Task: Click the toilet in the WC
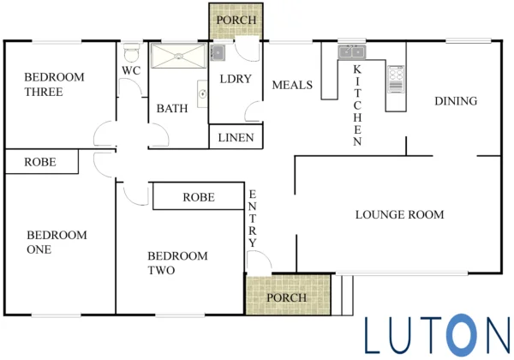tap(131, 52)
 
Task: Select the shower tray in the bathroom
tap(178, 56)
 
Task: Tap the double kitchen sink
tap(352, 51)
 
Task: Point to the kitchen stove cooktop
tap(396, 80)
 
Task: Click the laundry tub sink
tap(218, 52)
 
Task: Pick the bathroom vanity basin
tap(202, 94)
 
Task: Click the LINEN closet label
tap(236, 138)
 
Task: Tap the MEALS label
tap(292, 85)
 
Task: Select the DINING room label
tap(456, 101)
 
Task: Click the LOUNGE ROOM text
tap(399, 215)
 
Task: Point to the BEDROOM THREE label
tap(55, 85)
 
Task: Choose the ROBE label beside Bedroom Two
tap(199, 197)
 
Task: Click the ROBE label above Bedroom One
tap(40, 162)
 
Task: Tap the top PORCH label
tap(236, 20)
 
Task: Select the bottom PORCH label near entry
tap(286, 297)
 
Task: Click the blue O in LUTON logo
tap(463, 335)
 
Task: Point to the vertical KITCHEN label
tap(357, 105)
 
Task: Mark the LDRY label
tap(236, 79)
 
